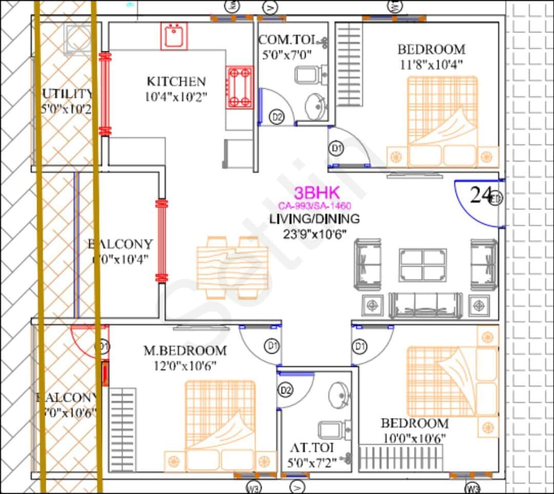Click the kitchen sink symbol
(x=174, y=36)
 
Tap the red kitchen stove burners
(x=240, y=87)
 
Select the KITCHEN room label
(x=176, y=81)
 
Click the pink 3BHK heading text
(x=316, y=193)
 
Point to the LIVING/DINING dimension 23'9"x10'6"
(x=315, y=234)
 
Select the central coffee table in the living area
(x=422, y=265)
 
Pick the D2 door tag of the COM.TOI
(x=277, y=117)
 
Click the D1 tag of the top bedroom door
(x=337, y=149)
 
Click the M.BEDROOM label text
(x=185, y=351)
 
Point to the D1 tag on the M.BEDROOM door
(x=271, y=345)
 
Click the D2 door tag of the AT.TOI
(x=286, y=390)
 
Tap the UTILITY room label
(x=67, y=94)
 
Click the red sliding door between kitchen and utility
(x=105, y=94)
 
